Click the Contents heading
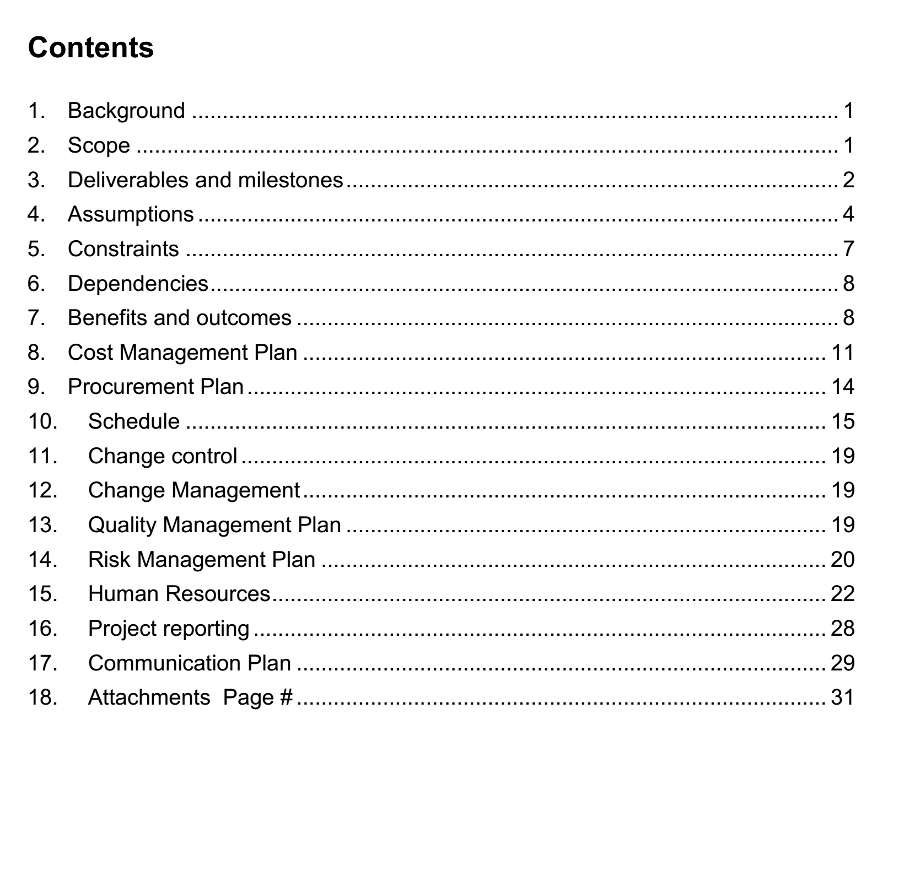tap(91, 47)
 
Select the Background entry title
tap(126, 111)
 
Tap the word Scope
tap(99, 145)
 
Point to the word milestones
tap(290, 180)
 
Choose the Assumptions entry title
tap(131, 214)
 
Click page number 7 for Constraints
tap(848, 249)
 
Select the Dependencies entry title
tap(138, 284)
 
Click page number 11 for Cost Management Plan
tap(842, 353)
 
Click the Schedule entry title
tap(134, 421)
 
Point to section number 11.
tap(42, 456)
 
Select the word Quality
tap(122, 525)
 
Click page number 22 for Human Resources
tap(842, 594)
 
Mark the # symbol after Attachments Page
tap(286, 697)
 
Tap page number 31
tap(842, 697)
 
